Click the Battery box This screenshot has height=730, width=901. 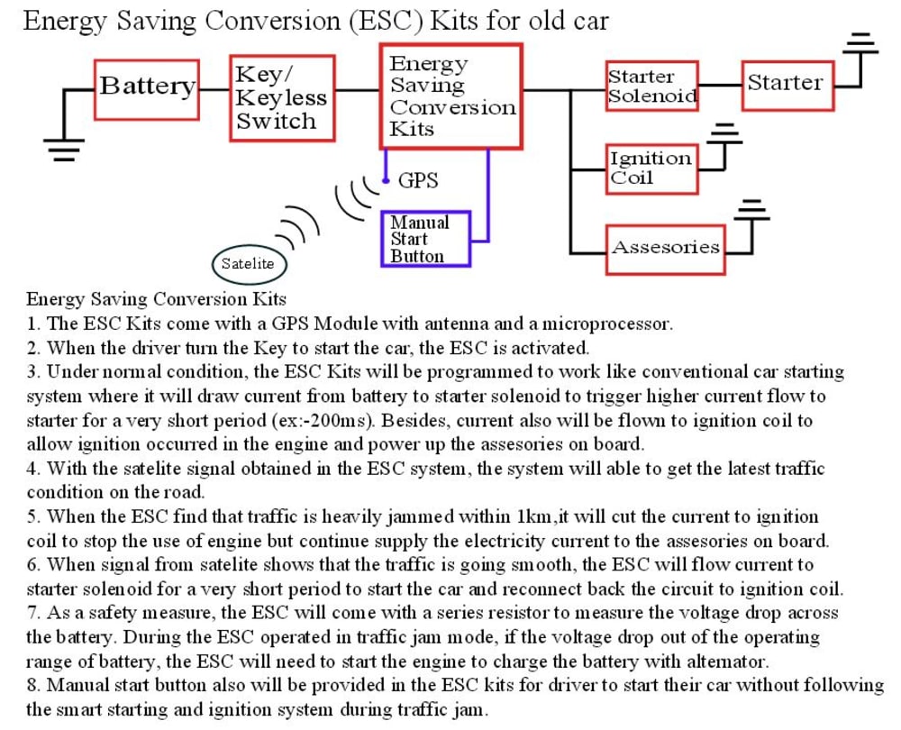[147, 88]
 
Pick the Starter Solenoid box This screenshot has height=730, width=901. [652, 87]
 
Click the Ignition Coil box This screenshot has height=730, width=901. [651, 168]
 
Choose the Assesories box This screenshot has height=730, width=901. [666, 248]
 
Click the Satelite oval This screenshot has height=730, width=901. [248, 264]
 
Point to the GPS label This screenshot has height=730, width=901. [418, 181]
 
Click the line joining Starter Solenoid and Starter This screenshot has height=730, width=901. [720, 86]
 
